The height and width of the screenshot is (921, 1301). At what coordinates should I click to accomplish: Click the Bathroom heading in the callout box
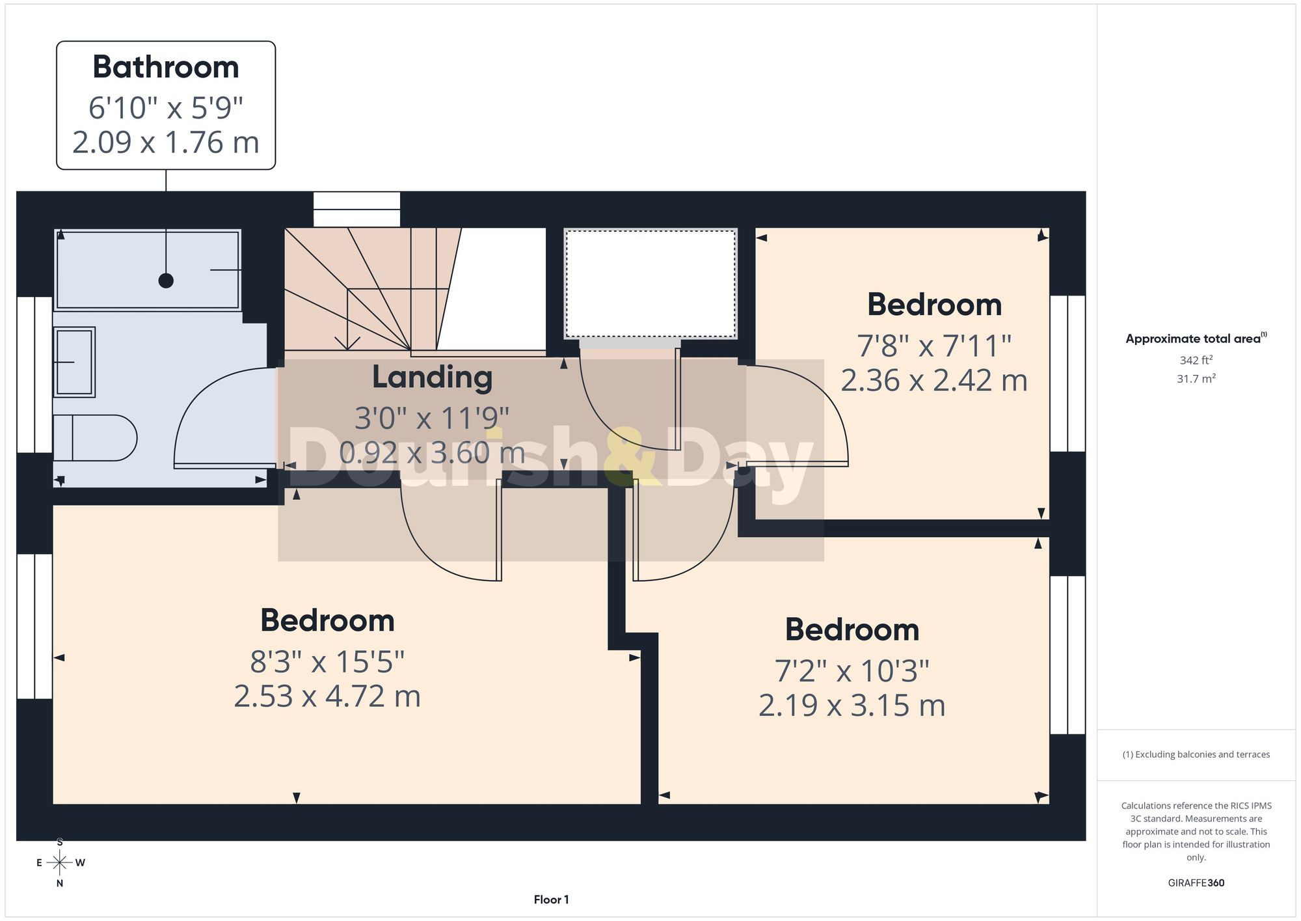pos(166,67)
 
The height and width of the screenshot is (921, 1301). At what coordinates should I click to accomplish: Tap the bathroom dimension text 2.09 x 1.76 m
pos(166,143)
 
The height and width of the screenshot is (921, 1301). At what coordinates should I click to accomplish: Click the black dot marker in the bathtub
pos(166,281)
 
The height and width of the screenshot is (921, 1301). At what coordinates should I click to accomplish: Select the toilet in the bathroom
pos(95,438)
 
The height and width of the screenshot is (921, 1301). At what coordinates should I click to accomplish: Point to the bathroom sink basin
pos(74,362)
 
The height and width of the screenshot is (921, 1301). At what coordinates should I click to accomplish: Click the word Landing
pos(432,378)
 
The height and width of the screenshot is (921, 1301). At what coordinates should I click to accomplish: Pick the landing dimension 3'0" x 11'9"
pos(432,419)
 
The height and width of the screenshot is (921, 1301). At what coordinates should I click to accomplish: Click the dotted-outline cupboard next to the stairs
pos(650,283)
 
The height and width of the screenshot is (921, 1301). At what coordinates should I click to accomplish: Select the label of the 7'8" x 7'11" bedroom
pos(934,305)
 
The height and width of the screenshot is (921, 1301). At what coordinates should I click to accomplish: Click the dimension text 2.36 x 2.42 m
pos(934,381)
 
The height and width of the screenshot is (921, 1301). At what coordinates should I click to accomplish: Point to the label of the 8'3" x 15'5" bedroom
pos(327,620)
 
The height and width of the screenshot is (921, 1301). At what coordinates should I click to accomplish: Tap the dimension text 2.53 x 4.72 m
pos(327,696)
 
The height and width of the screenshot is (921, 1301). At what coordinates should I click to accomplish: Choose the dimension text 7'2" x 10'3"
pos(852,671)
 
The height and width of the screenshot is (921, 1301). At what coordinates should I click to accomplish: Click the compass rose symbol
pos(60,863)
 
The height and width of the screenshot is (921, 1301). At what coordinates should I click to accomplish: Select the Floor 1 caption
pos(551,900)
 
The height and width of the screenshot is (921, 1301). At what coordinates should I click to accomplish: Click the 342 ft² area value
pos(1196,360)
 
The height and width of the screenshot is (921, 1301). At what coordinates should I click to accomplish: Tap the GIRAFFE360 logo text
pos(1196,883)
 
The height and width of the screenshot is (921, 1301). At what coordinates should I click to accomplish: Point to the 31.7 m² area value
pos(1196,378)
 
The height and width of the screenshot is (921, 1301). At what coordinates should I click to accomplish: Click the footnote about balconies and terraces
pos(1196,754)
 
